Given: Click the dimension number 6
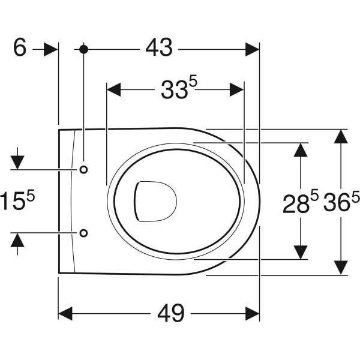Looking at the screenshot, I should (x=20, y=48).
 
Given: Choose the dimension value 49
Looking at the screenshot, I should (x=170, y=313).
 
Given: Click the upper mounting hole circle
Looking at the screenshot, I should (x=83, y=169).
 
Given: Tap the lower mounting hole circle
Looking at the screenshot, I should (x=83, y=232).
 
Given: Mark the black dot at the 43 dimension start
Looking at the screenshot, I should (x=83, y=49).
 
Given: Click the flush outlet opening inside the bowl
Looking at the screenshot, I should (x=155, y=199).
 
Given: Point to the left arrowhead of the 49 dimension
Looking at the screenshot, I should (x=65, y=313).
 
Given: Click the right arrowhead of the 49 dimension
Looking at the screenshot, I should (x=252, y=313).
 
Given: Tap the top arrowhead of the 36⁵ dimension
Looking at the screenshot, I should (x=340, y=136).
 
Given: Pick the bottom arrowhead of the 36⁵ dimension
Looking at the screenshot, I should (x=340, y=268).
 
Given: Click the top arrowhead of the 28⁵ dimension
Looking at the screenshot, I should (x=301, y=149).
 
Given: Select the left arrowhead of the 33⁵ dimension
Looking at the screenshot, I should (x=114, y=90).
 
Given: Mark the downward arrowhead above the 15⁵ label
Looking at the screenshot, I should (x=17, y=161).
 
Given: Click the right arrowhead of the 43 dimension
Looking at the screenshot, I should (x=252, y=49).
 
